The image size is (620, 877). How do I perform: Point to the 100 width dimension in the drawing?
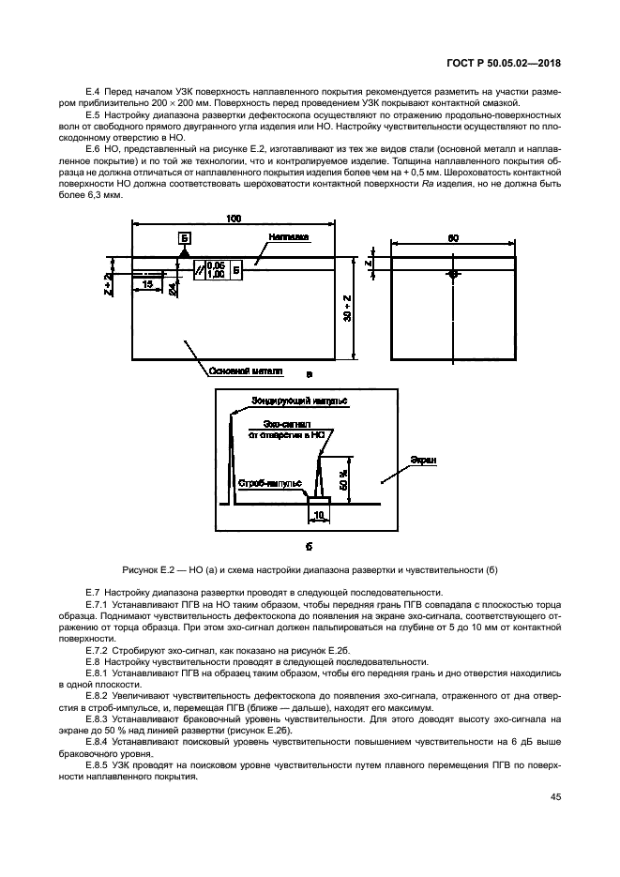234,219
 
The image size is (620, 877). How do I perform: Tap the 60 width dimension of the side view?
453,238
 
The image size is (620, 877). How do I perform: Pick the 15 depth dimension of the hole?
147,282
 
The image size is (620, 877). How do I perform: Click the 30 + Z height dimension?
347,309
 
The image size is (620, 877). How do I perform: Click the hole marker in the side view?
453,275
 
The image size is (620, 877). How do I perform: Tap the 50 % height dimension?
344,479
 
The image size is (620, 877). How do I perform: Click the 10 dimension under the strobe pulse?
318,515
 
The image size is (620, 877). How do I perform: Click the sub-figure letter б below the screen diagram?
309,545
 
